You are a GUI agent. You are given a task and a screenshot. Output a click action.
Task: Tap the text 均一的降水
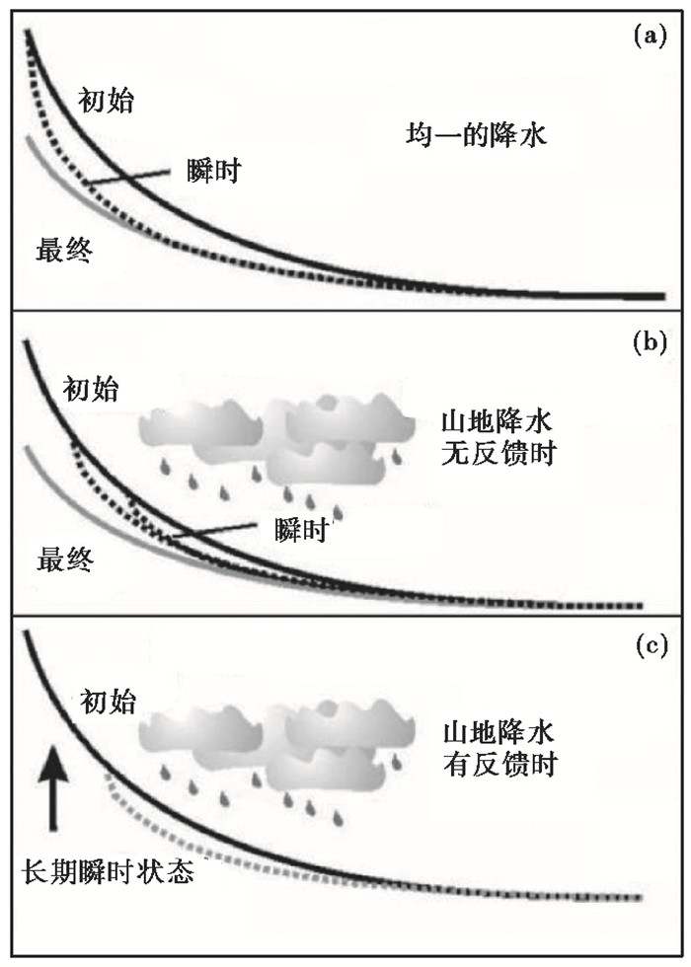pos(476,135)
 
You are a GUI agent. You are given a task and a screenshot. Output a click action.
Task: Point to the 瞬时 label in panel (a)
pos(214,170)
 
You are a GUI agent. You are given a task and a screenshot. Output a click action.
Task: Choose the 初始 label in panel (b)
pos(90,390)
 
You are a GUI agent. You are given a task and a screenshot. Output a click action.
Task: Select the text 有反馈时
pos(490,764)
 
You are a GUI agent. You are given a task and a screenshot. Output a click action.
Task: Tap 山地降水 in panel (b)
pos(490,425)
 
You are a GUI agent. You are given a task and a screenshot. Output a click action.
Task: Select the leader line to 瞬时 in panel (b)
pos(217,533)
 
